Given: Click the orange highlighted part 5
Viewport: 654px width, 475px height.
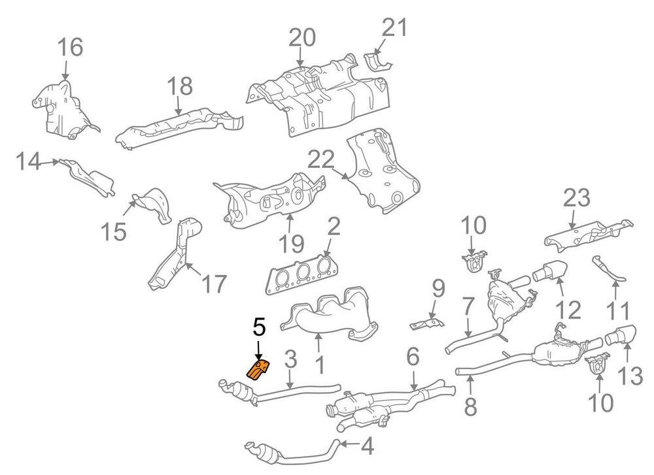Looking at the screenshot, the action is [258, 370].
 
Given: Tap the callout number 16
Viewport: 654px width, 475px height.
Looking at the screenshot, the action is [70, 47].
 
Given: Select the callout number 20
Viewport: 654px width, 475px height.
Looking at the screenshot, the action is [302, 37].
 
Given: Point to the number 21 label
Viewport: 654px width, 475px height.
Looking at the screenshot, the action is [394, 28].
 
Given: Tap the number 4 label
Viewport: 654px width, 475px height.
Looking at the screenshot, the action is [367, 446].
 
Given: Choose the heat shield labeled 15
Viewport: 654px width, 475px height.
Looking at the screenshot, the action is [152, 205].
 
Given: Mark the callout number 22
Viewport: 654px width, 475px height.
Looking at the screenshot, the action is [321, 159].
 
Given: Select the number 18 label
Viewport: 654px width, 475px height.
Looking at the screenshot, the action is [180, 86].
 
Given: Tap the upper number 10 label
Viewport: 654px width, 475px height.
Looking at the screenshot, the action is [473, 225].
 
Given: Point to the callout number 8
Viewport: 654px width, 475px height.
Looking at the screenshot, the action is [470, 406].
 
